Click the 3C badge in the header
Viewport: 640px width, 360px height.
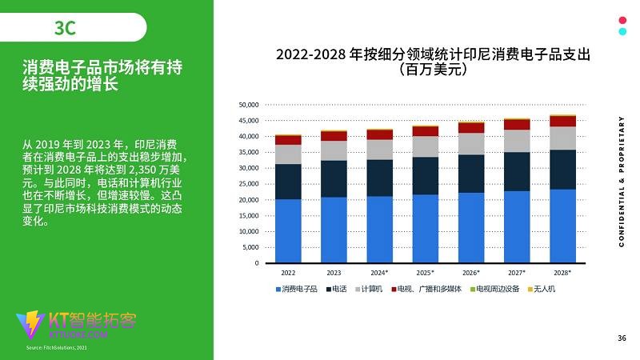click(66, 28)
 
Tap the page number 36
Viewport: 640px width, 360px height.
click(622, 338)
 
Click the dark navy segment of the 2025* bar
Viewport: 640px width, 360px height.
click(426, 175)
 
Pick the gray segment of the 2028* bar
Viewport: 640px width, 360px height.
click(563, 138)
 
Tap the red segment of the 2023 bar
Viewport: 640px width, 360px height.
click(334, 136)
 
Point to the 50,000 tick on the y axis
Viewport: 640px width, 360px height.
click(250, 105)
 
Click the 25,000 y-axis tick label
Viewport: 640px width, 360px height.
click(250, 184)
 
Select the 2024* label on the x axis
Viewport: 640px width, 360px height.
click(380, 273)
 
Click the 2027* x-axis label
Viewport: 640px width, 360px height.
click(518, 273)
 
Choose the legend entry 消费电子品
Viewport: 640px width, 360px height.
click(294, 289)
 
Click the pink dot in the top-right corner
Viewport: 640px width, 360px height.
click(622, 21)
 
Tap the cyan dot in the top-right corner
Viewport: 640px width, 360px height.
click(622, 32)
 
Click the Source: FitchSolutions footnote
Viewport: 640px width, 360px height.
click(56, 349)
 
